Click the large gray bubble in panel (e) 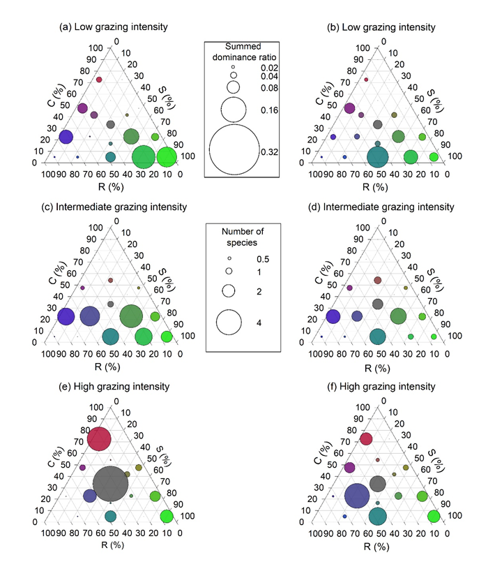[x=111, y=483]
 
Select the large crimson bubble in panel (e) [x=99, y=440]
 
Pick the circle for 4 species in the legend [x=229, y=323]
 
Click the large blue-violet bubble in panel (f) [x=357, y=496]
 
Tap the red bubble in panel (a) [x=99, y=80]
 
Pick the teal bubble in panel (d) [x=378, y=337]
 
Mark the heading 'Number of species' [x=240, y=235]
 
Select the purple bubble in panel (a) [x=82, y=108]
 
